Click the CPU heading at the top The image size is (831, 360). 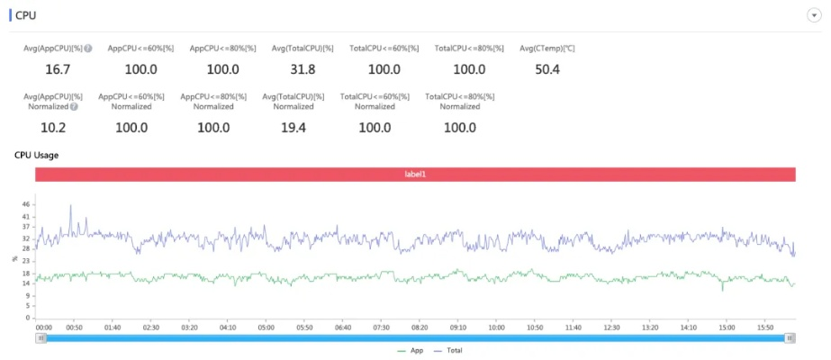click(26, 15)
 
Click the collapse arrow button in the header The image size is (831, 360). click(813, 16)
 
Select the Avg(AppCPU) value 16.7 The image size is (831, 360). click(58, 69)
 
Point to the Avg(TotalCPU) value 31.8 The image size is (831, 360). click(303, 69)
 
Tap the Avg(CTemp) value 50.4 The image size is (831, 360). click(546, 69)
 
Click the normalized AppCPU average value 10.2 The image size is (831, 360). click(53, 127)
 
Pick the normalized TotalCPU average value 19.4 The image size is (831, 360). click(294, 127)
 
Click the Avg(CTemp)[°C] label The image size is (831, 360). click(546, 48)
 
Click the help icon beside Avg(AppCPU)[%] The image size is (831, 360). click(88, 48)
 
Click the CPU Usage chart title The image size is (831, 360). click(37, 155)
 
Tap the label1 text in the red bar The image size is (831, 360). click(415, 174)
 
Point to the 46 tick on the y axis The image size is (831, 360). click(26, 205)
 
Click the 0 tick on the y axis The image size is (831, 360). click(29, 317)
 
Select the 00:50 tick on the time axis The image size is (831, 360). click(75, 328)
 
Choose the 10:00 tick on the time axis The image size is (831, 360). click(496, 328)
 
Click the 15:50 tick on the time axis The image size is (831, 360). click(765, 328)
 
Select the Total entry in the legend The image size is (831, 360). click(454, 350)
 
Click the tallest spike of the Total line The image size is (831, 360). click(71, 206)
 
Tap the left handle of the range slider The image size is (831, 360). click(41, 337)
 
